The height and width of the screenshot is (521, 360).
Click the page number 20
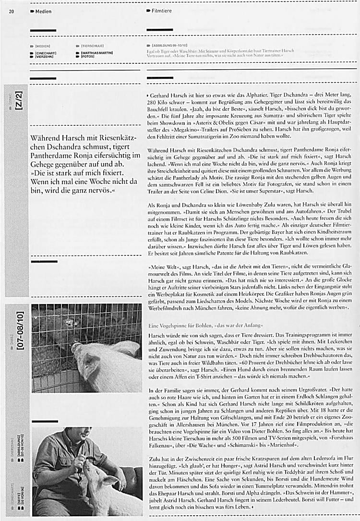tap(11, 11)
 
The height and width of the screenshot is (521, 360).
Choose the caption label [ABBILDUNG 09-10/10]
tap(168, 44)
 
